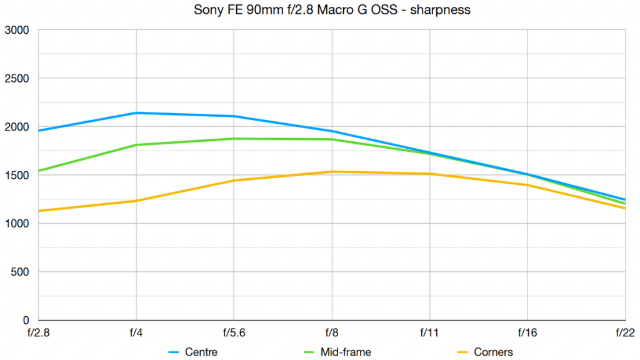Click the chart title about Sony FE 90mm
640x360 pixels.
(319, 11)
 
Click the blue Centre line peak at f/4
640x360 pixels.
(136, 113)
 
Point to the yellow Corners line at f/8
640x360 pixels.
(332, 172)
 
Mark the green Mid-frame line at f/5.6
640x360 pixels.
(234, 139)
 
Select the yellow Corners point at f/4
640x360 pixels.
(136, 201)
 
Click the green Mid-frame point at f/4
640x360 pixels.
(136, 145)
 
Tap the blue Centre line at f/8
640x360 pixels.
(332, 131)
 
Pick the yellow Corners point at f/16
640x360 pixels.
(527, 185)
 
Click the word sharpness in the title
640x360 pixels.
(446, 11)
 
